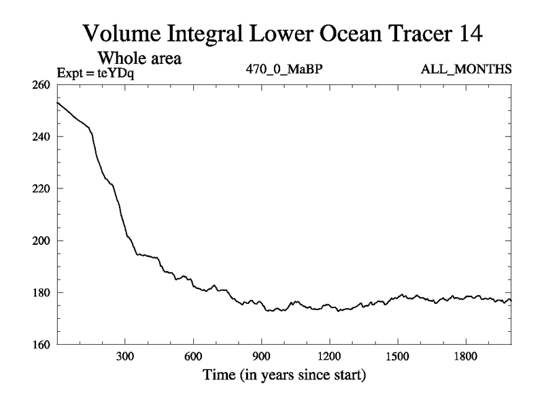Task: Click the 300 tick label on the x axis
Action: click(125, 357)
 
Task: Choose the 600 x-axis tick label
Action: click(193, 357)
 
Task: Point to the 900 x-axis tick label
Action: click(261, 357)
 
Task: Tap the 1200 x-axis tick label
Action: click(329, 357)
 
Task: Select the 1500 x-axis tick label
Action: click(397, 357)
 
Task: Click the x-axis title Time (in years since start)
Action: click(284, 375)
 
